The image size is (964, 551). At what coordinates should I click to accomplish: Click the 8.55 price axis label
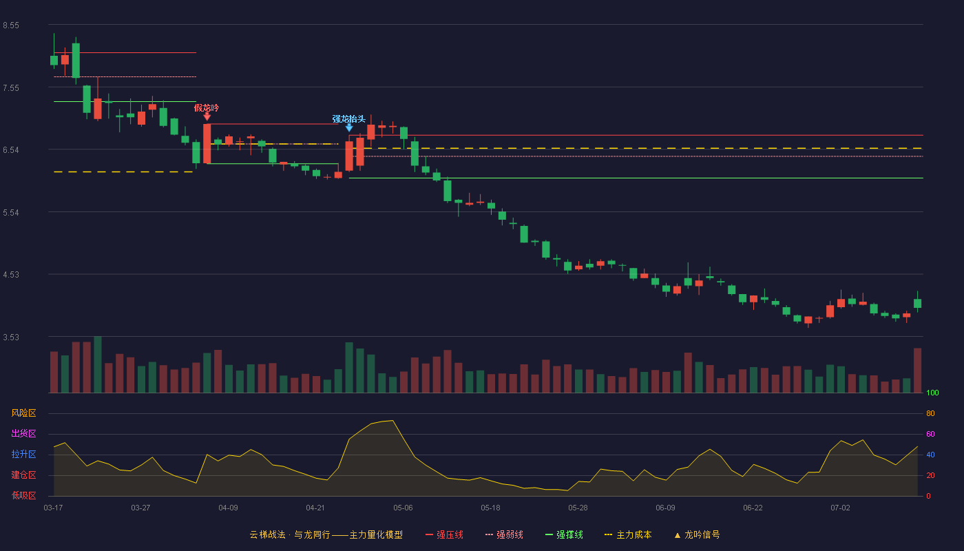(x=11, y=25)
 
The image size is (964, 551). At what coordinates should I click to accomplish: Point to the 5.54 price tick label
(x=11, y=213)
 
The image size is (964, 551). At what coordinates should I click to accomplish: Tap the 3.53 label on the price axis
(x=11, y=337)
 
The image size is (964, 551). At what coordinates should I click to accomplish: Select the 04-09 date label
(x=228, y=508)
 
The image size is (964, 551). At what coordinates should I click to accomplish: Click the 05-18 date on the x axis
(x=490, y=508)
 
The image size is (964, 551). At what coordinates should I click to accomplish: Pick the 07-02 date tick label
(x=841, y=508)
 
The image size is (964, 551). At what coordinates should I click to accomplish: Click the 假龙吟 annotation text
(x=207, y=107)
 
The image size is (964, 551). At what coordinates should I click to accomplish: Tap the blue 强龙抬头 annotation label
(x=348, y=118)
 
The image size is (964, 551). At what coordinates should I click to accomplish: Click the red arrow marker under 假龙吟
(x=207, y=116)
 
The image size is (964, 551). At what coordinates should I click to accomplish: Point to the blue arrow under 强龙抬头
(x=349, y=128)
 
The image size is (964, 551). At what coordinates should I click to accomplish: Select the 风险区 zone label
(x=23, y=413)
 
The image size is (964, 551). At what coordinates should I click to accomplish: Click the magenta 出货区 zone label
(x=23, y=433)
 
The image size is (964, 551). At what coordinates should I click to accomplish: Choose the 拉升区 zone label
(x=23, y=454)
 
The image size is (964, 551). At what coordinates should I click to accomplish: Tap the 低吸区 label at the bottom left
(x=23, y=495)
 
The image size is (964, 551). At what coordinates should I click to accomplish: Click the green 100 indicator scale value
(x=932, y=393)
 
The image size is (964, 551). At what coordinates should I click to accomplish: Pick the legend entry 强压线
(x=444, y=534)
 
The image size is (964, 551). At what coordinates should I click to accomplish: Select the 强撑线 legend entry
(x=564, y=534)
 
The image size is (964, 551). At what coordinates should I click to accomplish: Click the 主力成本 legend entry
(x=628, y=534)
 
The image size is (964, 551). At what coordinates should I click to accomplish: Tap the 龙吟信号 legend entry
(x=697, y=534)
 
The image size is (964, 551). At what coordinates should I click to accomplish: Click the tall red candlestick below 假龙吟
(x=207, y=144)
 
